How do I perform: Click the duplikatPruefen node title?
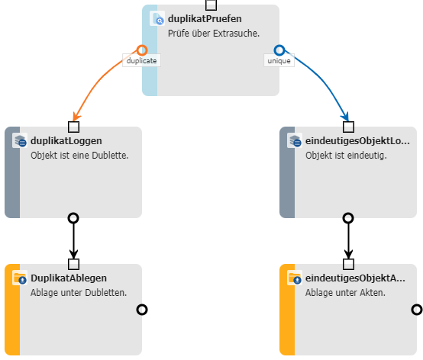click(205, 19)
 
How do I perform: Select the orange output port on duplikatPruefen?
click(142, 50)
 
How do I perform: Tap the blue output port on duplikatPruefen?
click(279, 50)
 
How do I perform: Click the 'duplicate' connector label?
click(141, 60)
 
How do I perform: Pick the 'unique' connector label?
click(279, 60)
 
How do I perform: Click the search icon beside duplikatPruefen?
click(157, 18)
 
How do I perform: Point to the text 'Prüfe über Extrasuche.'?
click(214, 34)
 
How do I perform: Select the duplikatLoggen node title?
click(66, 140)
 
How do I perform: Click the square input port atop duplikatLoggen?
click(73, 127)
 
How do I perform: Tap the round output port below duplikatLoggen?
click(73, 218)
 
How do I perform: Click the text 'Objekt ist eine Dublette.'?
click(79, 156)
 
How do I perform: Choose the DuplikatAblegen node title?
click(69, 278)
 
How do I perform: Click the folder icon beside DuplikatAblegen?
click(20, 278)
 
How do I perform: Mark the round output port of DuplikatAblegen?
click(142, 310)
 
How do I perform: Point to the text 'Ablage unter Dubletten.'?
click(79, 293)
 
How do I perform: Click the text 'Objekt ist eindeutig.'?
click(346, 156)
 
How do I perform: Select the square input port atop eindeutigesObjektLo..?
click(348, 127)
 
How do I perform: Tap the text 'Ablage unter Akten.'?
click(345, 293)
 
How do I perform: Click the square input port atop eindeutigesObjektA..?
click(348, 265)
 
